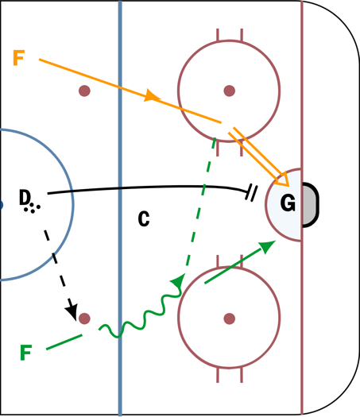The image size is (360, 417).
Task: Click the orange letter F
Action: coord(18,58)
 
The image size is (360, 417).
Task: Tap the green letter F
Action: coord(26,353)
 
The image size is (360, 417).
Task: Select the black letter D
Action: coord(25,197)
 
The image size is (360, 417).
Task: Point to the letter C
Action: coord(144,218)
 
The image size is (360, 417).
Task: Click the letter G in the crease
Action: coord(288,203)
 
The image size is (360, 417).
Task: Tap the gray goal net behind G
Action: coord(310,205)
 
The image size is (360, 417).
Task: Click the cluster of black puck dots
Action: coord(32,207)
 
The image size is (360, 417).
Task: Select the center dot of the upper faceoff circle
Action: coord(230,91)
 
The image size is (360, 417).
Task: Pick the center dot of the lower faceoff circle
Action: coord(230,319)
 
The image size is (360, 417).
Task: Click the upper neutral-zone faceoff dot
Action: coord(84,91)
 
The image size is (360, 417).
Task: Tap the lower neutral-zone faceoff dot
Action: coord(84,319)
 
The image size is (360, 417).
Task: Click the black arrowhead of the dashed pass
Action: coord(72,311)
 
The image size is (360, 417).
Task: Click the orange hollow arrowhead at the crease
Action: coord(282,180)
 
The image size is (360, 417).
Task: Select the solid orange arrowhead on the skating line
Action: coord(152,96)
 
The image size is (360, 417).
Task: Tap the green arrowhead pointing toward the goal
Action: coord(267,246)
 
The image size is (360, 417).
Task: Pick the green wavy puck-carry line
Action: coord(140,316)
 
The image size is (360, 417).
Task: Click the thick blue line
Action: coord(120,208)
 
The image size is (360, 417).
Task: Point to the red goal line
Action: coord(302,208)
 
